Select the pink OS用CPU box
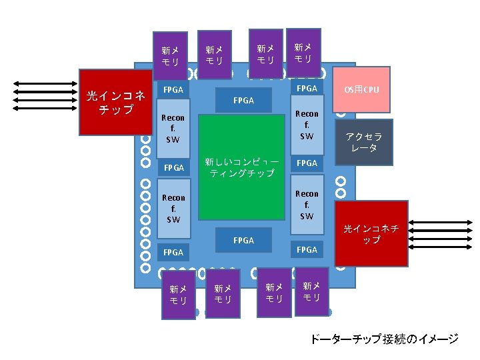coord(361,89)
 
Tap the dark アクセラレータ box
coord(364,141)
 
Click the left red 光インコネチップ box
coord(112,102)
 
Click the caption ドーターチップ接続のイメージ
coord(384,339)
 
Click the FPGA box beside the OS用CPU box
coord(307,88)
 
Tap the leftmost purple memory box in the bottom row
coord(178,295)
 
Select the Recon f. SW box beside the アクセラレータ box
coord(307,125)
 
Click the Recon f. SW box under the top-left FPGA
coord(173,128)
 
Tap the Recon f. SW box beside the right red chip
coord(307,205)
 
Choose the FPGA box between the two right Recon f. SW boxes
coord(307,163)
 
